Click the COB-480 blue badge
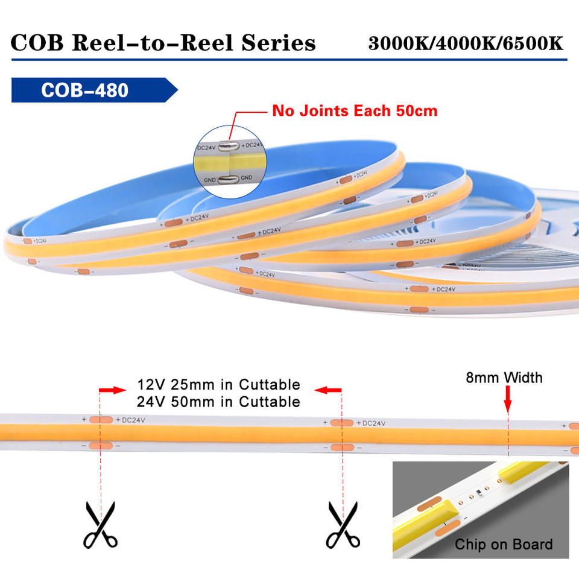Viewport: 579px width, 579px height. pyautogui.click(x=90, y=90)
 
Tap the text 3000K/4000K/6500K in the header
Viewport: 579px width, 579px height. pyautogui.click(x=466, y=43)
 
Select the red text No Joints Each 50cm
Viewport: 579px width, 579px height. pyautogui.click(x=355, y=111)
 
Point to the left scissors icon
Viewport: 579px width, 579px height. pyautogui.click(x=100, y=525)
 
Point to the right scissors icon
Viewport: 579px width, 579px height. pyautogui.click(x=342, y=525)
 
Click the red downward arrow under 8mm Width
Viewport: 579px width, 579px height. pyautogui.click(x=507, y=400)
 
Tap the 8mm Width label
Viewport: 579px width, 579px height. pyautogui.click(x=504, y=378)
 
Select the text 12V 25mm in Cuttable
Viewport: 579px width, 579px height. pyautogui.click(x=218, y=385)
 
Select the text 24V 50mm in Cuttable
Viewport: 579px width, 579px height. pyautogui.click(x=218, y=402)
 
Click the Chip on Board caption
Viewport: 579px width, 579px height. pyautogui.click(x=503, y=545)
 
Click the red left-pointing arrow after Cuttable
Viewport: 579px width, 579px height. pyautogui.click(x=329, y=391)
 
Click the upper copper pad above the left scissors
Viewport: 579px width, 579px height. pyautogui.click(x=100, y=420)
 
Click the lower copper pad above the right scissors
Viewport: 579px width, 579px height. pyautogui.click(x=341, y=447)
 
